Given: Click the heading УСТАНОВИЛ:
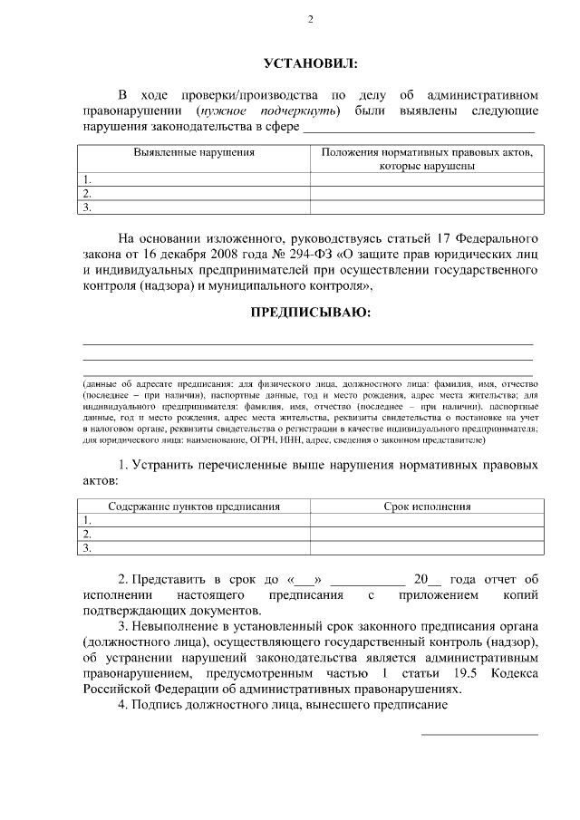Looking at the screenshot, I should click(310, 63).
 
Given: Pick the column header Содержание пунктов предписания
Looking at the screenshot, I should click(194, 506).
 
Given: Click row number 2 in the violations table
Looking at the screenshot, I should click(87, 193).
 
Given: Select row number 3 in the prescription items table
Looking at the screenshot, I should click(87, 547).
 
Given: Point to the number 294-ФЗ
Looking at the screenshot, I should click(300, 255).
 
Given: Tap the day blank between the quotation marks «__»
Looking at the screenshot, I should click(304, 580).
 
